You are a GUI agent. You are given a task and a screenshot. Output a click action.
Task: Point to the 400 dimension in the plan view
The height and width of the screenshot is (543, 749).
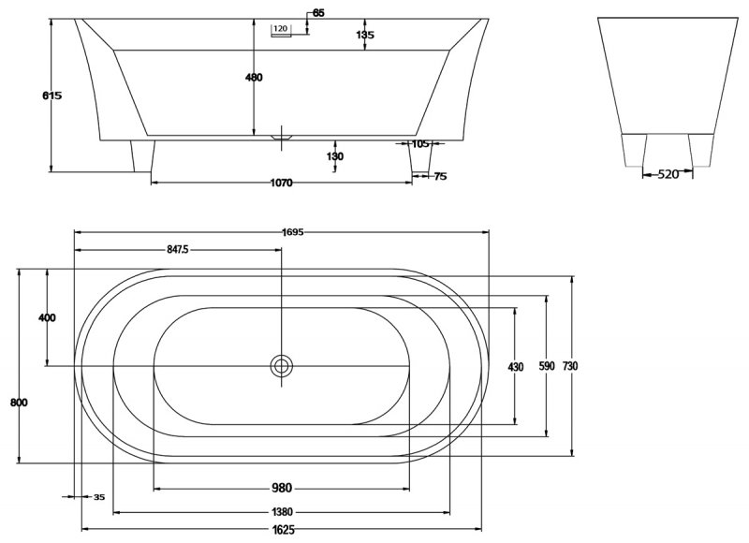[47, 317]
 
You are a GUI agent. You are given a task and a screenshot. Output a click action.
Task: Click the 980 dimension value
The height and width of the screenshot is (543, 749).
[282, 488]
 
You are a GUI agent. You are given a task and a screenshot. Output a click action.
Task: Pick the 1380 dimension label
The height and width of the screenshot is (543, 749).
[282, 512]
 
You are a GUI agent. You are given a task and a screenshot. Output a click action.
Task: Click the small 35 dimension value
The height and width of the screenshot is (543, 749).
[99, 497]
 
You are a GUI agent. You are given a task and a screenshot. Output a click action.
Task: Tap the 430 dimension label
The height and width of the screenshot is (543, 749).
[516, 367]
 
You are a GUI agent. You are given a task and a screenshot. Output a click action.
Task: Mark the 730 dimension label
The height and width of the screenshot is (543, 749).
[571, 366]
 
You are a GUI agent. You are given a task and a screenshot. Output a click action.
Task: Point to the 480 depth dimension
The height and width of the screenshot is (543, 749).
[254, 77]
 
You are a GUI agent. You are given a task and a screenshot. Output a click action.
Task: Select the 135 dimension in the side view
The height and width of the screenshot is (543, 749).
[365, 35]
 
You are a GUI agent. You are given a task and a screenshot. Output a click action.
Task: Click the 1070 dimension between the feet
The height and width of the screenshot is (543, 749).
[279, 183]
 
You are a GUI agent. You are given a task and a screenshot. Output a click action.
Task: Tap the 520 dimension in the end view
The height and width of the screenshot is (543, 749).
[667, 174]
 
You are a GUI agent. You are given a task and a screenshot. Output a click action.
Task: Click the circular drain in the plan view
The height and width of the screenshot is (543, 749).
[281, 366]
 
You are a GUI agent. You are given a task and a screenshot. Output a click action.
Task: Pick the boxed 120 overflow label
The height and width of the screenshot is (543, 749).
[281, 29]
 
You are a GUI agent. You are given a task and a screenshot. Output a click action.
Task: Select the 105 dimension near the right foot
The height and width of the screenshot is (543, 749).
[419, 144]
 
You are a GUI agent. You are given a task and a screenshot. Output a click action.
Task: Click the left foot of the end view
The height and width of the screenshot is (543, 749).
[636, 149]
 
